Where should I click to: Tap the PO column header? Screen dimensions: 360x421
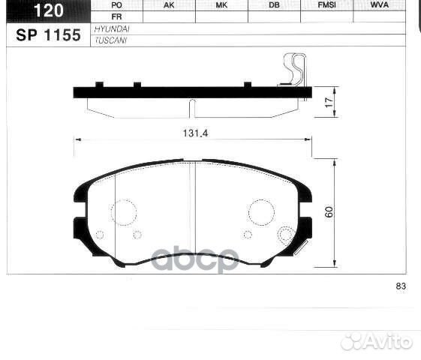(116, 4)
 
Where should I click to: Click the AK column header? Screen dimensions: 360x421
(169, 4)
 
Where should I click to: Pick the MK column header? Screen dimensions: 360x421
(221, 4)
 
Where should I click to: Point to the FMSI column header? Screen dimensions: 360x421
(326, 4)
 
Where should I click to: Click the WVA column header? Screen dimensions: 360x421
(380, 4)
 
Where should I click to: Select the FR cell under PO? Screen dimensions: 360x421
(116, 16)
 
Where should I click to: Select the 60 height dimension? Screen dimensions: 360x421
(328, 212)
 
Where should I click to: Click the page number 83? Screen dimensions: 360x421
(400, 286)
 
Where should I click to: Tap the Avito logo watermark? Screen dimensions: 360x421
(377, 342)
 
